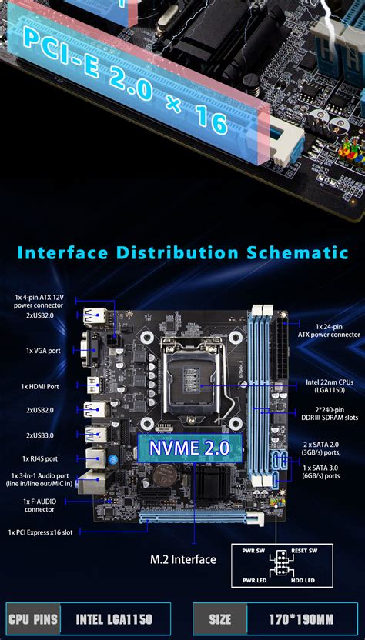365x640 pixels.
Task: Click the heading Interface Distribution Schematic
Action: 182,252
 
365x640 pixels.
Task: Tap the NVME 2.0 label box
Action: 189,447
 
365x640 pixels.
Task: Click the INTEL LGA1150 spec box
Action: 114,619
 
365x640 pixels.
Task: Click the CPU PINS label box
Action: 33,619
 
